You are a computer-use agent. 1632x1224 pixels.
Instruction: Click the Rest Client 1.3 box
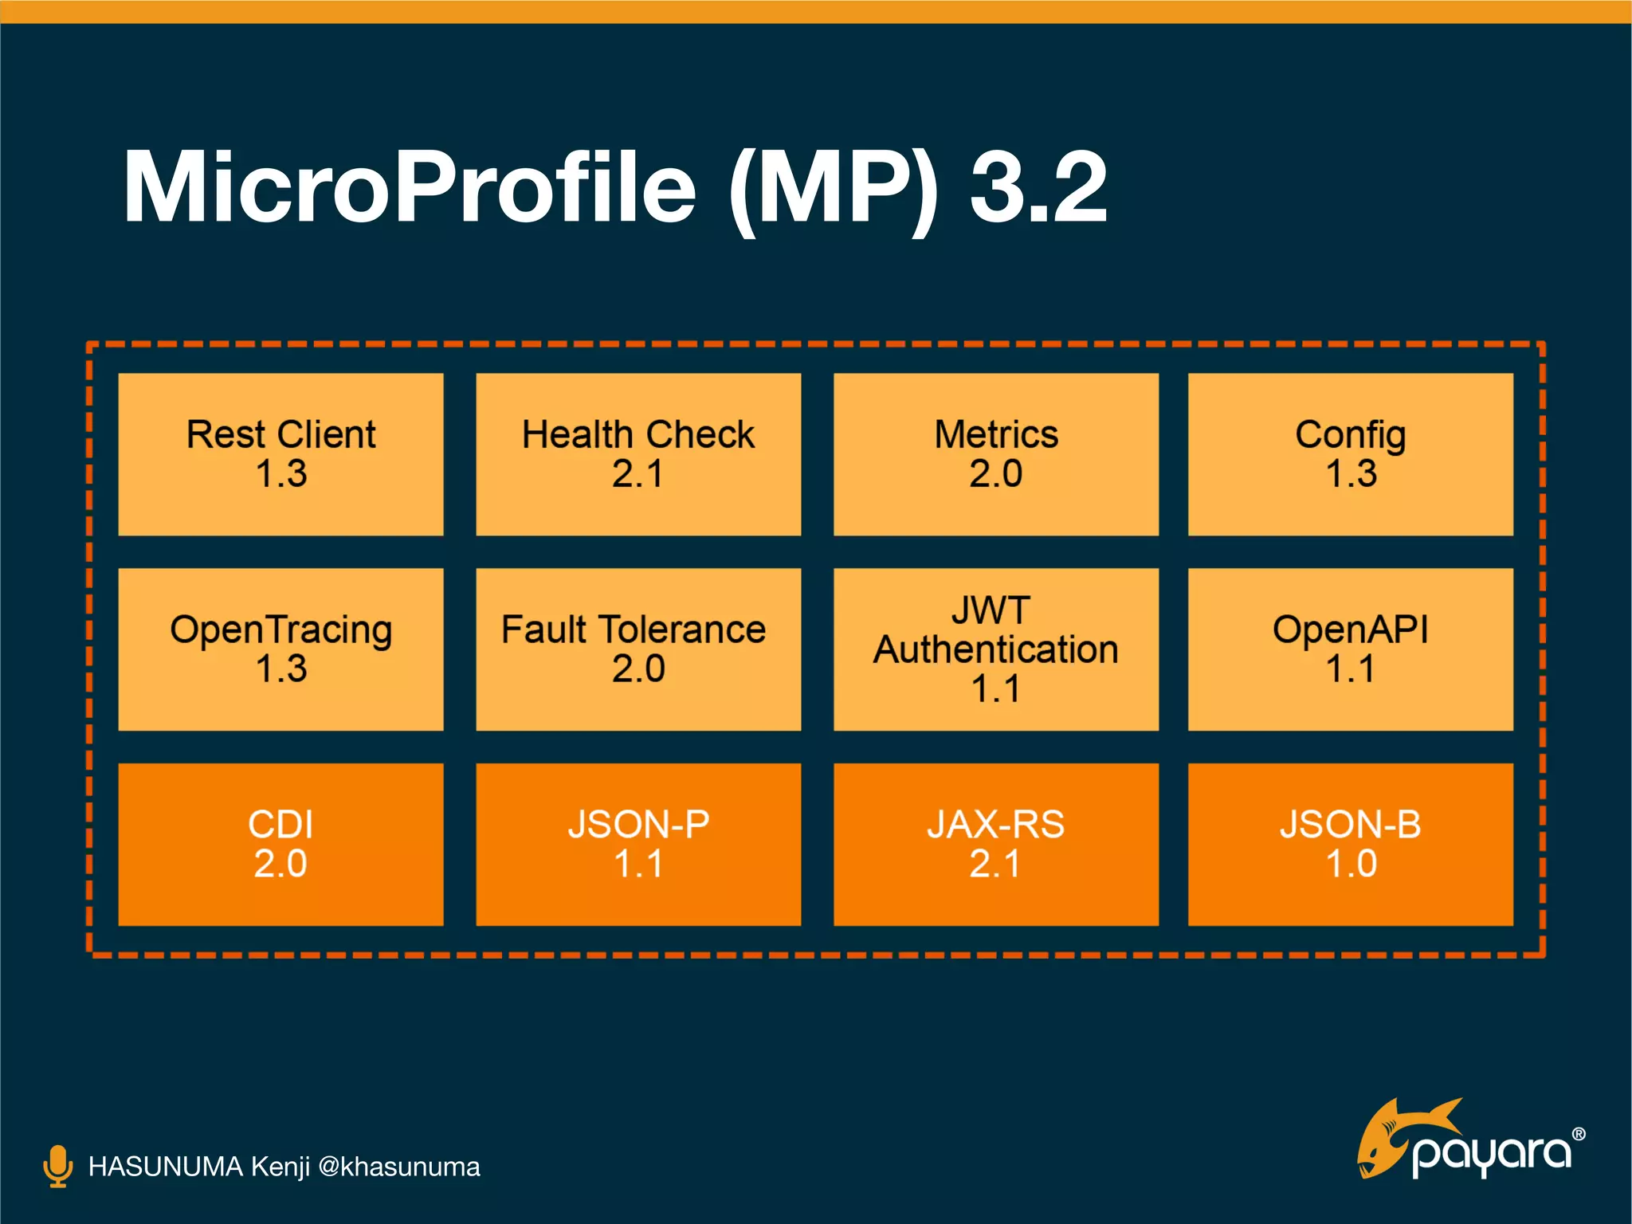[280, 454]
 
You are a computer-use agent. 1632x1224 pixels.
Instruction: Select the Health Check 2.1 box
[638, 454]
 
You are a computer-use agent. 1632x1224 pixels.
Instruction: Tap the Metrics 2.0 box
[995, 454]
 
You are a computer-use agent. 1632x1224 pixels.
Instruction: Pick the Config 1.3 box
[1350, 454]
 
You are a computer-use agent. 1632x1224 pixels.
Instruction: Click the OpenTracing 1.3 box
[280, 649]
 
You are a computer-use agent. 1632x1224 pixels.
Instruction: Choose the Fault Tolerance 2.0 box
[638, 649]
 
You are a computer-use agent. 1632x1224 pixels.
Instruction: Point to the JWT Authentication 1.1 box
[995, 649]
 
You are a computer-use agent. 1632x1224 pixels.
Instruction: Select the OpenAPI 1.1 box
[1350, 649]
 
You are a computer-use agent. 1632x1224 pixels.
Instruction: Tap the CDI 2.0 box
[280, 844]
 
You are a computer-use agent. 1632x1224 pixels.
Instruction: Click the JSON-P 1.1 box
[638, 844]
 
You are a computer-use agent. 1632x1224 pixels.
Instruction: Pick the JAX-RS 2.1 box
[995, 844]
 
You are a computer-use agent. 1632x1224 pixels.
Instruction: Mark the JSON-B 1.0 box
[1350, 844]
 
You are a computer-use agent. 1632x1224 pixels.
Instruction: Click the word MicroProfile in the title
[410, 187]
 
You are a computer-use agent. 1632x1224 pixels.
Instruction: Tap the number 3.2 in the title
[1038, 187]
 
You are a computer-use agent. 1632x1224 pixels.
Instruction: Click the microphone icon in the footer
[57, 1166]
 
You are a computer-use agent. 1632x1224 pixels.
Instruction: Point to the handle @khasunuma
[398, 1167]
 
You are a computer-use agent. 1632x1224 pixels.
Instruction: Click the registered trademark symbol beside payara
[1578, 1134]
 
